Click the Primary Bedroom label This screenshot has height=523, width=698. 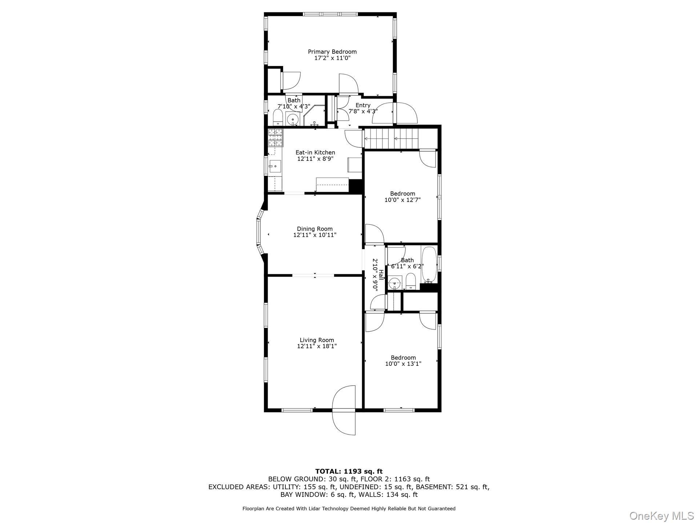coord(332,52)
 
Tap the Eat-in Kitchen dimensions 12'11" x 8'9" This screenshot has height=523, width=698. coord(315,159)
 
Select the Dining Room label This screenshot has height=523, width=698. coord(314,229)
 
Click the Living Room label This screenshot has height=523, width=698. coord(317,340)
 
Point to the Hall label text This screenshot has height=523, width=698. coord(381,275)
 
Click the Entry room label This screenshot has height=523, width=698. coord(363,105)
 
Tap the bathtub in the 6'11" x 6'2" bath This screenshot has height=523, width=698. coord(429,264)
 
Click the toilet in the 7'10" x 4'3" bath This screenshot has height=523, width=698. coord(278,118)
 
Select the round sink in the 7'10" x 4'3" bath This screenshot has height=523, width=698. coord(292,119)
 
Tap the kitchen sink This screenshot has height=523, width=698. coord(275,167)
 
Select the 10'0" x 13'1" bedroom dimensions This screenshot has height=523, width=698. coord(403,364)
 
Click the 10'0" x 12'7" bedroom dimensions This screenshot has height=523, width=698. coord(402,200)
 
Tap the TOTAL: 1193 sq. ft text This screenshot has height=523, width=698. coord(349,471)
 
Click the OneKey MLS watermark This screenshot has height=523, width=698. coord(661,515)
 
